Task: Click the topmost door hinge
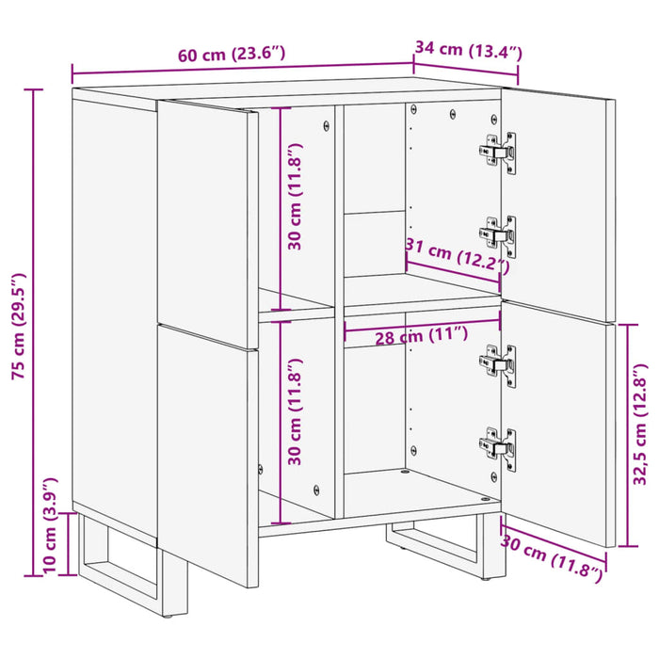pyautogui.click(x=500, y=151)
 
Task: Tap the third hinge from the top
pyautogui.click(x=500, y=362)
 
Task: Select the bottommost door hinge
pyautogui.click(x=499, y=442)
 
